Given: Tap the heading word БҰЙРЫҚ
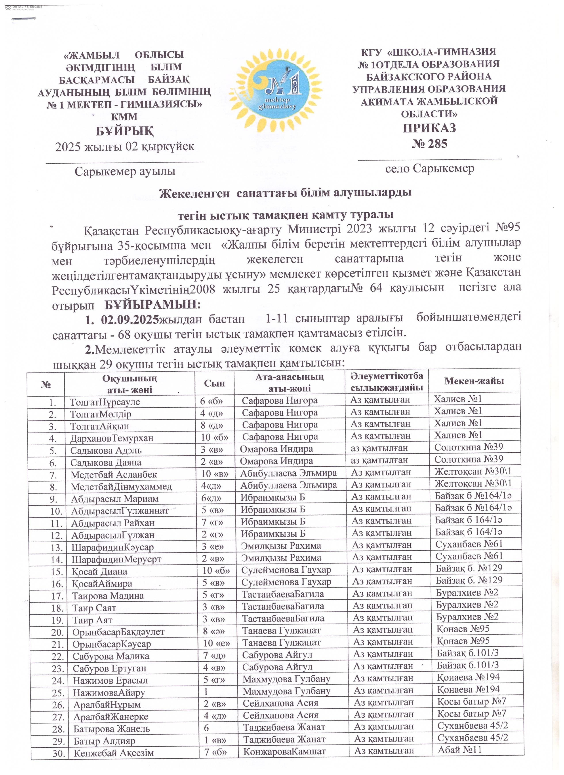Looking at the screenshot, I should pyautogui.click(x=124, y=131).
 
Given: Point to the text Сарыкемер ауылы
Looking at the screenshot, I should pyautogui.click(x=125, y=171).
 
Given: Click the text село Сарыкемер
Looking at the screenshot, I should pyautogui.click(x=430, y=168).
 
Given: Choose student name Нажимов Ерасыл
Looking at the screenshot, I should pyautogui.click(x=110, y=680).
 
